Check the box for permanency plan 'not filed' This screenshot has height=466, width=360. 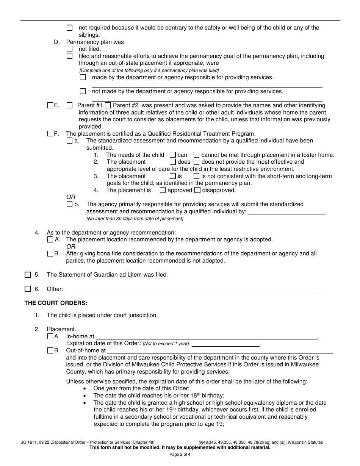point(69,49)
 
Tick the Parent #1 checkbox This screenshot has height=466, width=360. point(69,106)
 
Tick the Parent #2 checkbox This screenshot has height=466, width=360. point(108,106)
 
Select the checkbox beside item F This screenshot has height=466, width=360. point(50,134)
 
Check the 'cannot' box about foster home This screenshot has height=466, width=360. point(196,155)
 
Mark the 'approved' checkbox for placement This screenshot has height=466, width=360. point(163,190)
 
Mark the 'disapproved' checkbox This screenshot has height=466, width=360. point(197,190)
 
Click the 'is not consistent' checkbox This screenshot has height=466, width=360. point(196,176)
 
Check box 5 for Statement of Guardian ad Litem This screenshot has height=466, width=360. point(28,275)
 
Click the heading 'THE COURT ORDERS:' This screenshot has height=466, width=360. point(56,303)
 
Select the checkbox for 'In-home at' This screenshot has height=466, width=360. point(50,336)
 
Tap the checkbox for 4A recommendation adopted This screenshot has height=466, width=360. point(50,239)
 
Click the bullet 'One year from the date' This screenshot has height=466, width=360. point(141,388)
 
